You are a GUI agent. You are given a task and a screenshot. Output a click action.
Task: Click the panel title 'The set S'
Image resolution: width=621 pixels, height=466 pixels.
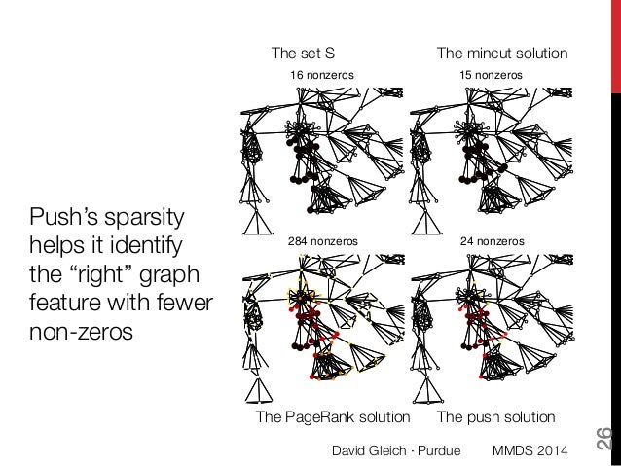click(x=302, y=53)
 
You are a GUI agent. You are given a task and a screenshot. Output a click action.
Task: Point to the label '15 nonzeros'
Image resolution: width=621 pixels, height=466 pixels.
click(x=491, y=75)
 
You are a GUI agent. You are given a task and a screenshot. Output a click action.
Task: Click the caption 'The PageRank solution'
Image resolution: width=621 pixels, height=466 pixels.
click(x=333, y=417)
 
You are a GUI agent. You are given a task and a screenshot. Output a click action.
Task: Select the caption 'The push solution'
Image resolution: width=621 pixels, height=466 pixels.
click(x=496, y=417)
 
